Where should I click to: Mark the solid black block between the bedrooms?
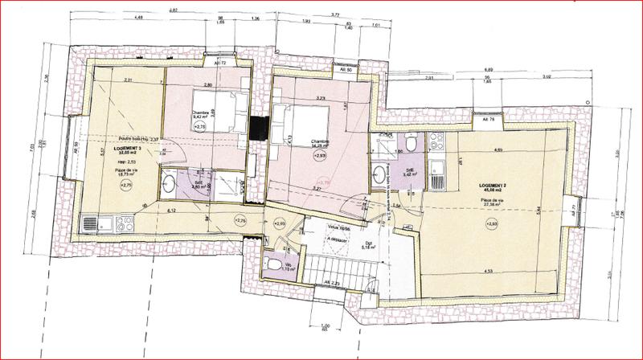259,128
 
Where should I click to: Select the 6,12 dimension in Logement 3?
172,210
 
